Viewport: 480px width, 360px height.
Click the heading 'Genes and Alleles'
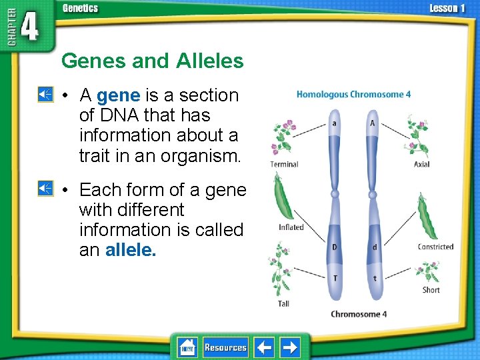click(152, 61)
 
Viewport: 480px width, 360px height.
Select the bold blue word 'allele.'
click(131, 249)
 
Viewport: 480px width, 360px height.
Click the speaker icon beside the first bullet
click(45, 95)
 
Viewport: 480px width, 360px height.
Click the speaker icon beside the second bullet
click(45, 189)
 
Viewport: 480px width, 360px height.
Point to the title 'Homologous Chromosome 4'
click(353, 95)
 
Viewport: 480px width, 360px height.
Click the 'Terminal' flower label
click(284, 165)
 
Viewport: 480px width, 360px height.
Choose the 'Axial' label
click(421, 165)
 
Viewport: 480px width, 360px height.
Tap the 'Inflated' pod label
click(291, 227)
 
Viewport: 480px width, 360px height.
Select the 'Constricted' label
click(435, 247)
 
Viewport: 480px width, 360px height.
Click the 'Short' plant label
click(431, 290)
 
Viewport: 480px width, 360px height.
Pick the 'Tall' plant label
click(283, 304)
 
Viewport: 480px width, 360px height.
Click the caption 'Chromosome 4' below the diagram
click(359, 314)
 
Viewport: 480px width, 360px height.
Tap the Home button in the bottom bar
click(187, 347)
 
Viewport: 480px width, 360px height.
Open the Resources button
click(225, 347)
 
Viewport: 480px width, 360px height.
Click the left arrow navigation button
click(265, 347)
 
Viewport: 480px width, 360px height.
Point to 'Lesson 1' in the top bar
click(447, 8)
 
